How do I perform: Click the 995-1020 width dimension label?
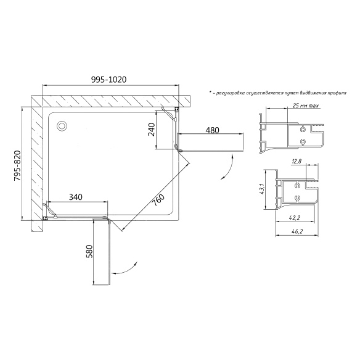coord(109,80)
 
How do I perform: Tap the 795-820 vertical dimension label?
coord(17,165)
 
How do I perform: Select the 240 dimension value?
coord(152,130)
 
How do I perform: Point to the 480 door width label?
coord(212,130)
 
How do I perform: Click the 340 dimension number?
coord(76,197)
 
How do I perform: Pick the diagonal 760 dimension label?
coord(158,200)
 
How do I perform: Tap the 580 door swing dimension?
coord(89,251)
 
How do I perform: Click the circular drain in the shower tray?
coord(62,126)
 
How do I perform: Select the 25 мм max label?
coord(306,106)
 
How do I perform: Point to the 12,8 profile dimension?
coord(297,162)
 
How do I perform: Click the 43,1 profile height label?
coord(261,189)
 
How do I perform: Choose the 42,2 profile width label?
coord(295,218)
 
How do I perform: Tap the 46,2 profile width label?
coord(297,231)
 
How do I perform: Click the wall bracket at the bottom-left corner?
coord(46,218)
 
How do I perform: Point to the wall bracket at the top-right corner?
coord(177,110)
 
